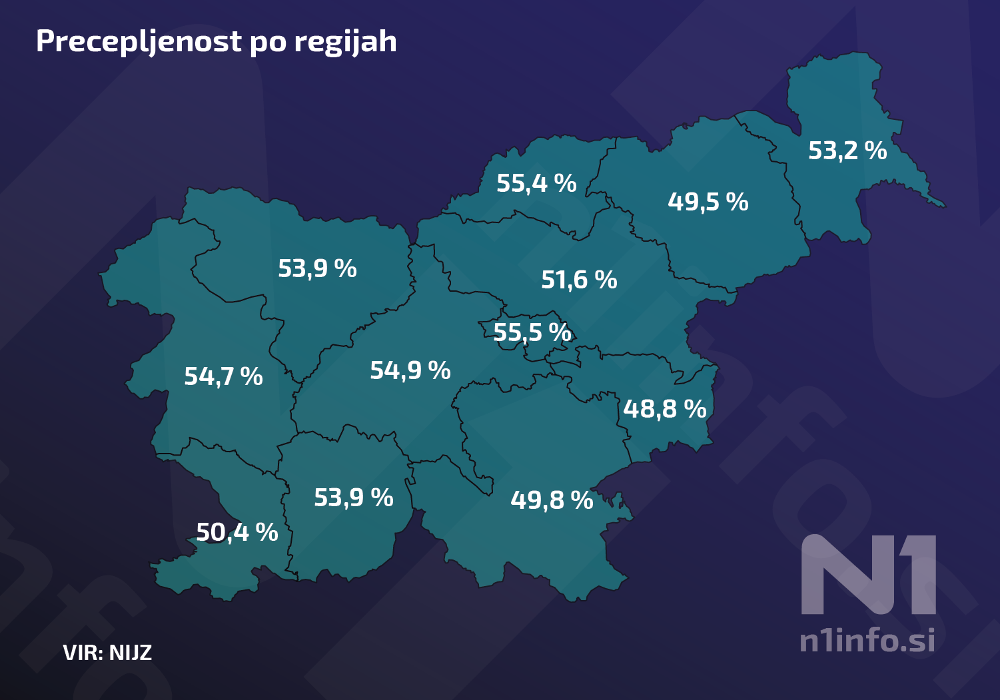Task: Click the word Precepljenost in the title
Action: pos(139,42)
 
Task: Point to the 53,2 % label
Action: pos(847,151)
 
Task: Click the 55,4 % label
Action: pos(536,183)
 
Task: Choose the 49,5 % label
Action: pos(708,202)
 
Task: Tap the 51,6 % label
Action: pos(579,280)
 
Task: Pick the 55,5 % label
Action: pos(532,332)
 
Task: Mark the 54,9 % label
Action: pos(410,370)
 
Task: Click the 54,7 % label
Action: pos(223,376)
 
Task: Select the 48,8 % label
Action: pos(665,409)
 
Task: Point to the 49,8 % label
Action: pos(552,500)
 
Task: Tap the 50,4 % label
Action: pos(237,532)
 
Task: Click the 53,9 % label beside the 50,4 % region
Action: pos(354,498)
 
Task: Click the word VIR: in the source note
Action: pos(83,652)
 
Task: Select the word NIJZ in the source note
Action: pos(131,652)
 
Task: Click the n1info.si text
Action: pos(867,640)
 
